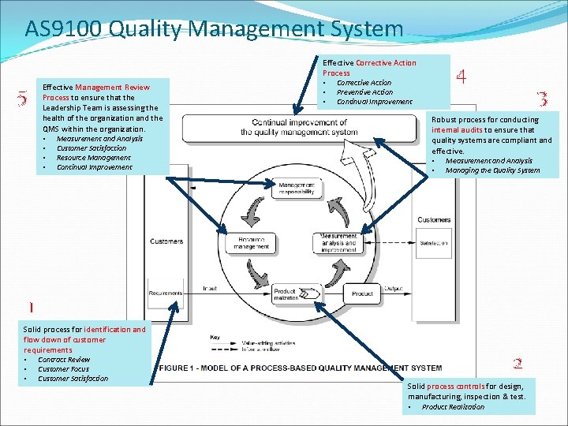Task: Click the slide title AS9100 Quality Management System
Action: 214,29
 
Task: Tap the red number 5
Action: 22,99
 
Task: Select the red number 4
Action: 461,77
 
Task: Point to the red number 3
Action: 542,99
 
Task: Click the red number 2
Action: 518,364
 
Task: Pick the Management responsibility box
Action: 296,189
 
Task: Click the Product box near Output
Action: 362,293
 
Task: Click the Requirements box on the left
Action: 165,293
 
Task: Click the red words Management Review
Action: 112,87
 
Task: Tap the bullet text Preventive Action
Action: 364,92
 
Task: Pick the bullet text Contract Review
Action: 64,360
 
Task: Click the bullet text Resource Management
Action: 94,158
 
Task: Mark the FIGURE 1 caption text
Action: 300,368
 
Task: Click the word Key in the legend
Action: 215,338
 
